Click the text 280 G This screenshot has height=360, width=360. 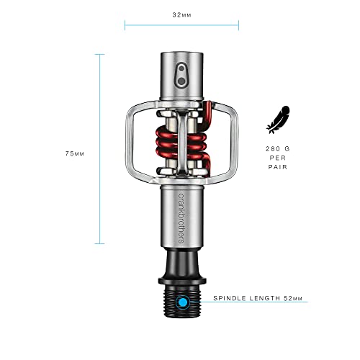pyautogui.click(x=278, y=148)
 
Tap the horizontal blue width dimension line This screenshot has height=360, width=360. pyautogui.click(x=181, y=25)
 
